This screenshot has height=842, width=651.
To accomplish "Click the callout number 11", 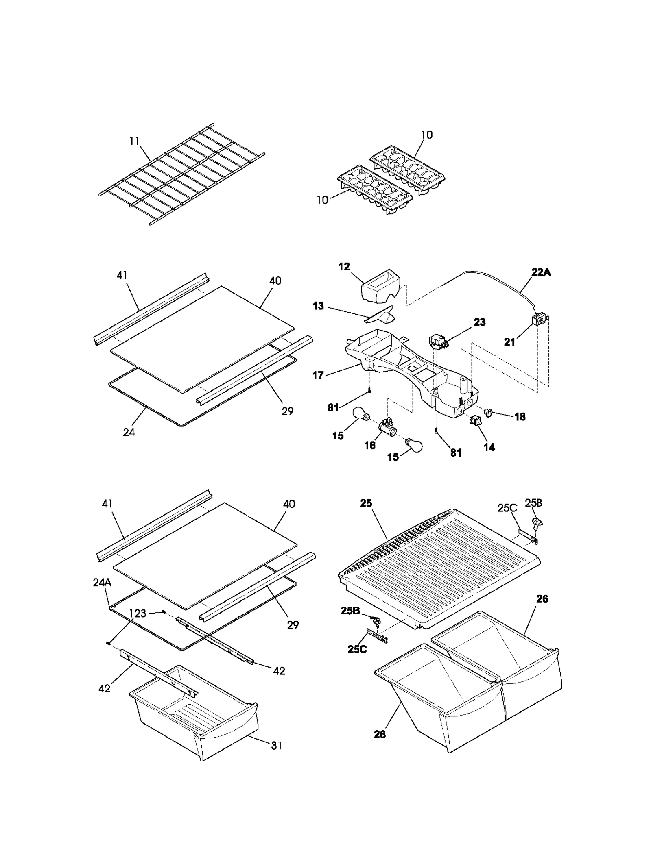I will tap(134, 141).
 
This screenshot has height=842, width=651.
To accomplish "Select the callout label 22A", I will tap(541, 272).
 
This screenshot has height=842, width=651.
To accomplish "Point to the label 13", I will tap(318, 306).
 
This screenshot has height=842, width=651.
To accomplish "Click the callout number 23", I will tap(480, 322).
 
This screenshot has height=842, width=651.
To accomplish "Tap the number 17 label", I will tap(318, 375).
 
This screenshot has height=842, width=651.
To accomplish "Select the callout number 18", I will tap(520, 416).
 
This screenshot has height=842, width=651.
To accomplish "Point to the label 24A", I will tap(102, 583).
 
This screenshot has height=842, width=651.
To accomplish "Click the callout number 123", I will tap(138, 614).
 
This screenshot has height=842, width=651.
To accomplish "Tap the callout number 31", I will tap(276, 745).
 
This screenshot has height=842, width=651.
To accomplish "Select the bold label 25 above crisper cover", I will tap(366, 503).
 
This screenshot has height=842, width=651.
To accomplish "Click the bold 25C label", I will tap(357, 649).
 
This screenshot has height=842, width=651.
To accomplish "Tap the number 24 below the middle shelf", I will tap(129, 432).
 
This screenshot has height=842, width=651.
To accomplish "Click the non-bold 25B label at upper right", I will tap(533, 503).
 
